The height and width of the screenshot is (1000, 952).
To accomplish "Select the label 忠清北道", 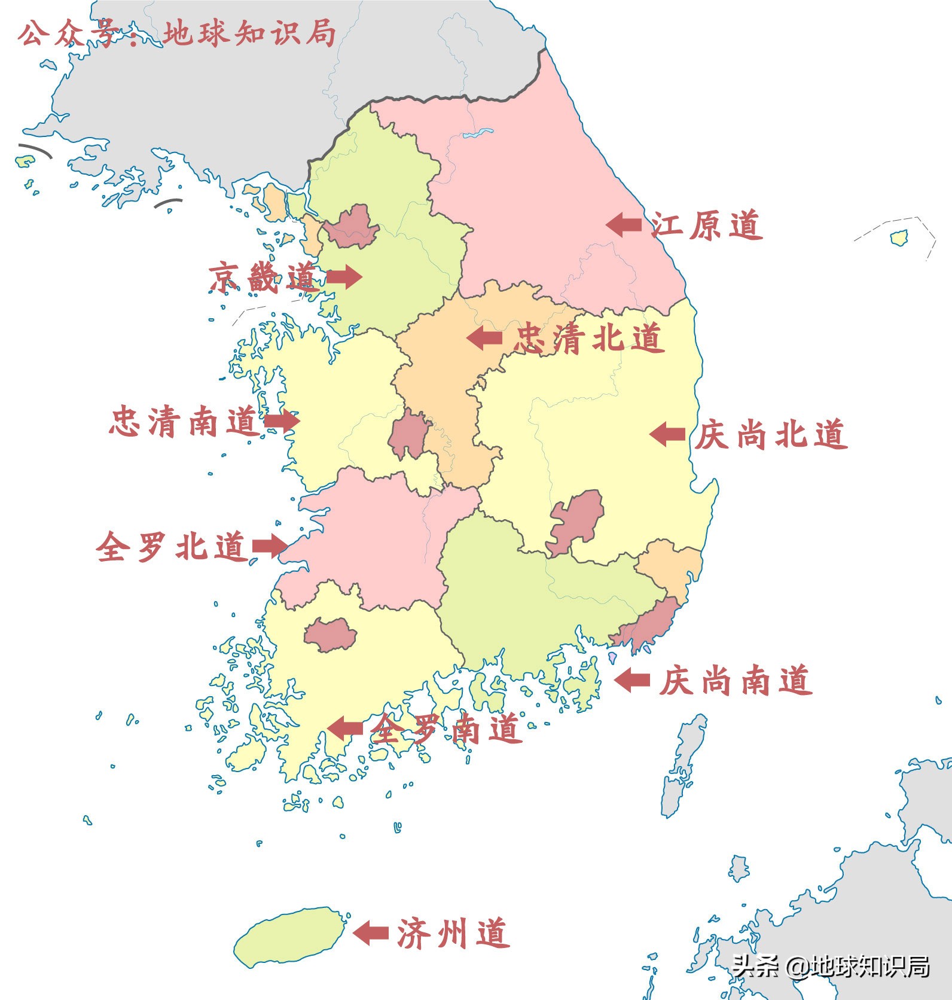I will [588, 339].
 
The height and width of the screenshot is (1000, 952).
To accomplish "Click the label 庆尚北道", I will [771, 435].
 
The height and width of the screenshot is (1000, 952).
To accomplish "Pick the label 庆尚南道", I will [736, 681].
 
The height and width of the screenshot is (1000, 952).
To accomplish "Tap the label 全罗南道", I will [445, 729].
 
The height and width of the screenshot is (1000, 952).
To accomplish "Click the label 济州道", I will [453, 934].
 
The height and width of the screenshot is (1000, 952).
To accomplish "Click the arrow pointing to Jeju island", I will [371, 932].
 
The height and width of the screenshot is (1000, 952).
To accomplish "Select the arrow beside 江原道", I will [624, 225].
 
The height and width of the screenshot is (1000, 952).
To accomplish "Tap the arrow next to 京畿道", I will [344, 277].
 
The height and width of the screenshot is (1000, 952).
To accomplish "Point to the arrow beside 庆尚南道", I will [632, 680].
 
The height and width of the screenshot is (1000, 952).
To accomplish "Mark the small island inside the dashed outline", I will [899, 237].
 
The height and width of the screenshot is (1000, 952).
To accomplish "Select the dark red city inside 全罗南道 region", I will [330, 635].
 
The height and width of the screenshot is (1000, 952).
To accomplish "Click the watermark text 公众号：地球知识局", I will [177, 33].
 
